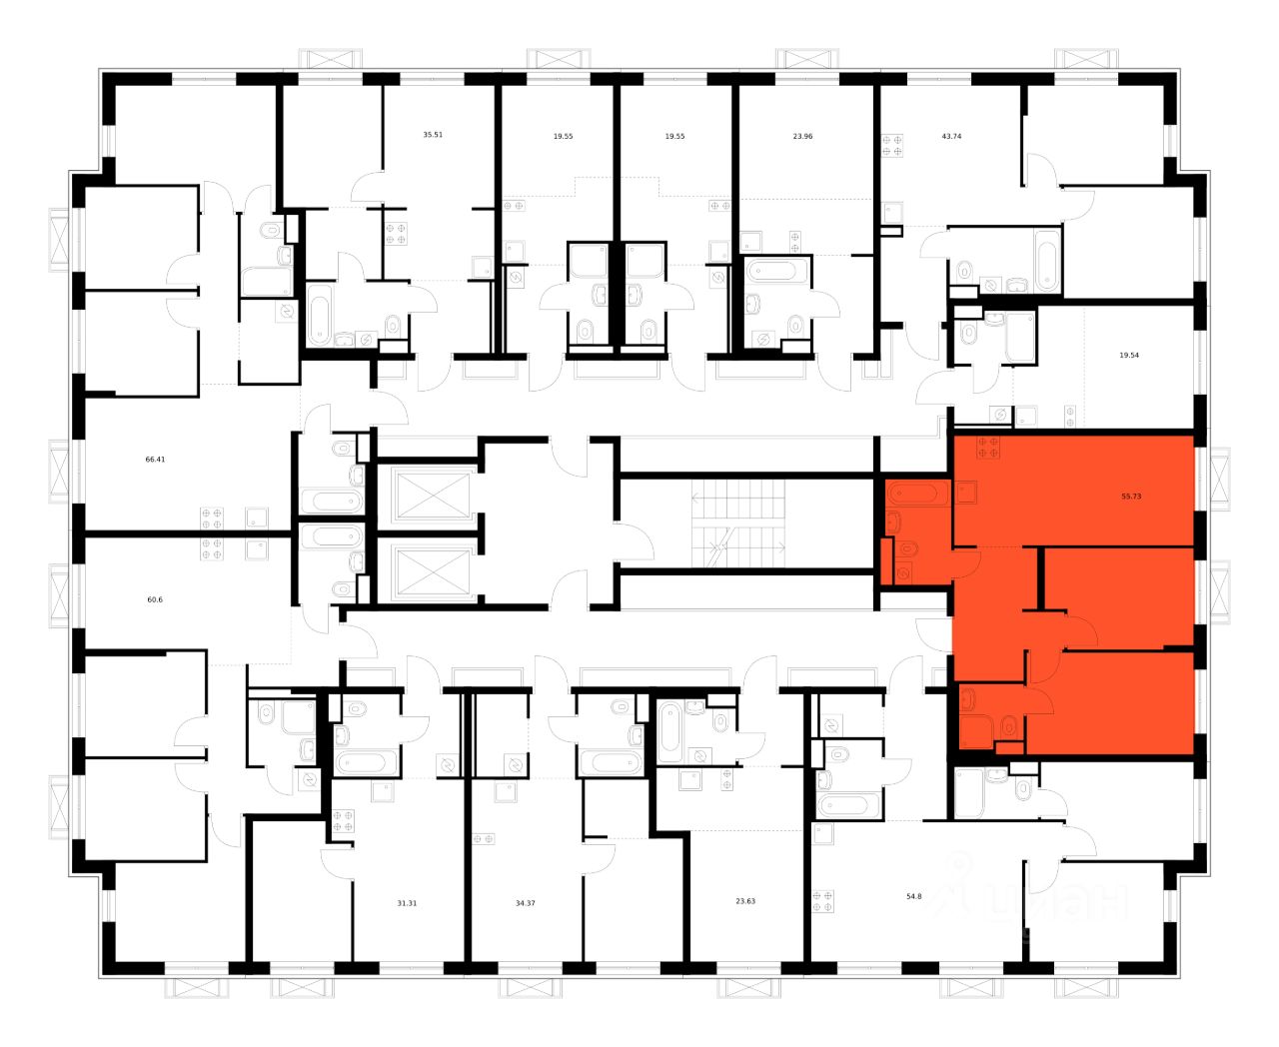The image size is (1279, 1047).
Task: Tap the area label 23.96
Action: coord(802,135)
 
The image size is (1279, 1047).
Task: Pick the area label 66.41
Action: coord(155,460)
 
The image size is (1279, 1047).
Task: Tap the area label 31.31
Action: coord(407,902)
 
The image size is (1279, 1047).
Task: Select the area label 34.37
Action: coord(526,902)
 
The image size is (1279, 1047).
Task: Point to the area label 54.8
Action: coord(913,896)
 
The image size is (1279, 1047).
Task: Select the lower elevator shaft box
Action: coord(431,571)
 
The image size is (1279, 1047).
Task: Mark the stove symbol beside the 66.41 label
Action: coord(212,517)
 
